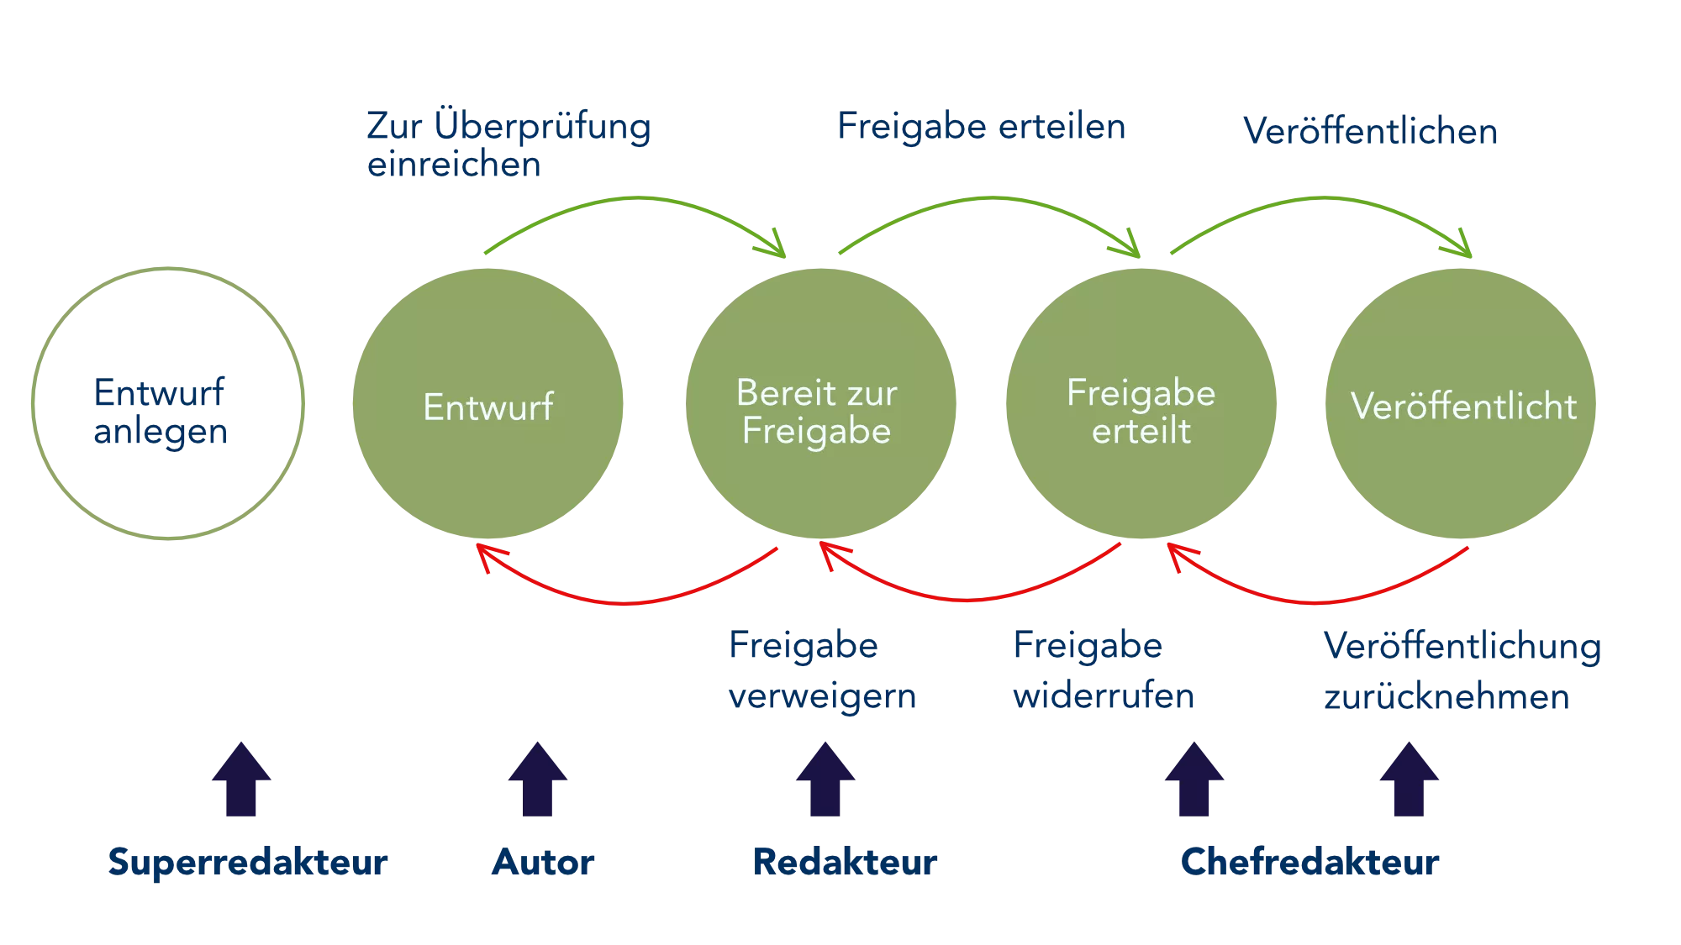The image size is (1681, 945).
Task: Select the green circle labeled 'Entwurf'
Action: (x=487, y=403)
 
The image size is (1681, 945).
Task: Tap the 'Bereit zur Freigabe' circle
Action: (x=820, y=403)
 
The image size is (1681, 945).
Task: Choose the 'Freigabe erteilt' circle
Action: (x=1141, y=403)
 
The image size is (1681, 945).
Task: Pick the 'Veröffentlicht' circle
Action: (x=1461, y=403)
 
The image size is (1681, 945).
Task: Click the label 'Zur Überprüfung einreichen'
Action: (x=509, y=144)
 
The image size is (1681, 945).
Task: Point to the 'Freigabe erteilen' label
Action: (x=982, y=126)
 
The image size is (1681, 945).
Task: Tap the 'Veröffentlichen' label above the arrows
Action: (x=1370, y=131)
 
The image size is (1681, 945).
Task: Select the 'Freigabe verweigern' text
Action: (x=822, y=670)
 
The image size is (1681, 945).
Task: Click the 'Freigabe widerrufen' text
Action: (x=1104, y=670)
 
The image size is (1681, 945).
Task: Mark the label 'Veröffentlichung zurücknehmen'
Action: (x=1462, y=671)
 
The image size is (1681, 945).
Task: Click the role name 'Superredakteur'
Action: (x=248, y=863)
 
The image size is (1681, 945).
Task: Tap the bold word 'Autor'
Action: (x=543, y=862)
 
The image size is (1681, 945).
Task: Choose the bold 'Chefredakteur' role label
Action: (x=1309, y=862)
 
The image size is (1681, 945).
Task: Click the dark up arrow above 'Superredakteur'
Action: (x=241, y=779)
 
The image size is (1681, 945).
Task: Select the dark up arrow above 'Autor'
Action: (x=538, y=779)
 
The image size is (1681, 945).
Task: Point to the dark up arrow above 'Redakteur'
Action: (x=825, y=779)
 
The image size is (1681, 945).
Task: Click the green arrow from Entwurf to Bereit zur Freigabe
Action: (x=636, y=199)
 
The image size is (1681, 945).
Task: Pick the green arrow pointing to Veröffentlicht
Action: (x=1324, y=199)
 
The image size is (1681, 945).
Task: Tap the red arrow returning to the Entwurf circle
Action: (x=626, y=602)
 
